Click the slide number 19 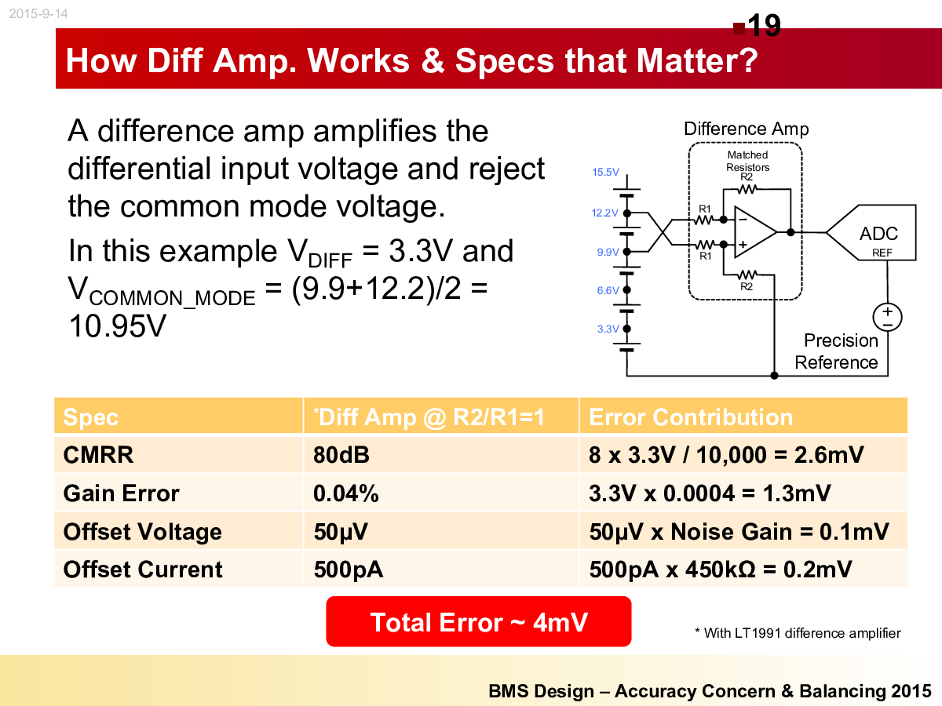[764, 25]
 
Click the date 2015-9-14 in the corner [38, 13]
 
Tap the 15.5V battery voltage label [605, 172]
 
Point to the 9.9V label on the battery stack [608, 252]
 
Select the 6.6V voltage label [608, 290]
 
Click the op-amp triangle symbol [755, 232]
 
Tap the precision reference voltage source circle [887, 317]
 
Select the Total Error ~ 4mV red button [479, 621]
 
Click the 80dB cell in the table [341, 454]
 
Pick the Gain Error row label [122, 493]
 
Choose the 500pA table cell [348, 570]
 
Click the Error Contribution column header [691, 417]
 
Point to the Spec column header [90, 417]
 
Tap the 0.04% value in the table [346, 493]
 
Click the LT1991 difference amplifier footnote [798, 633]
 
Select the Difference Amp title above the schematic [747, 129]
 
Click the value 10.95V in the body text [117, 326]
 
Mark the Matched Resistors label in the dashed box [747, 161]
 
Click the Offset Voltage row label [143, 532]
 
